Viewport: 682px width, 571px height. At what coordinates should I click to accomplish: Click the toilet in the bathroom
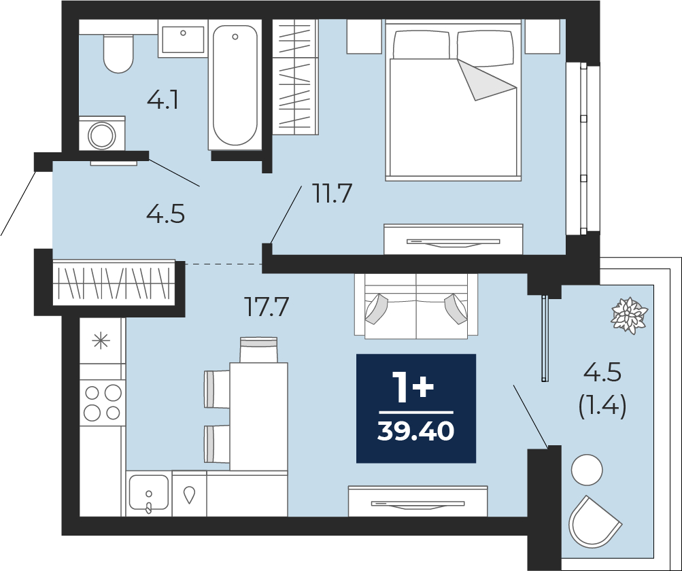(118, 54)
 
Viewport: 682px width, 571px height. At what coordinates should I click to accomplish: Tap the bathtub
(235, 85)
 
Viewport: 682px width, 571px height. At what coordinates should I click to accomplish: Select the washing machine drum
(102, 135)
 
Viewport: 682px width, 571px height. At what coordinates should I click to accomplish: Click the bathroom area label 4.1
(163, 101)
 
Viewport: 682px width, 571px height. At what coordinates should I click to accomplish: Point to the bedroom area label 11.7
(332, 194)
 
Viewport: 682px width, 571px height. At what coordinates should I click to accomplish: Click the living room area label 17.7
(266, 307)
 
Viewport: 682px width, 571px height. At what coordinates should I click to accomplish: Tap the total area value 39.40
(416, 432)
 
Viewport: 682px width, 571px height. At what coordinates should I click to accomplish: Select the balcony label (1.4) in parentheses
(602, 407)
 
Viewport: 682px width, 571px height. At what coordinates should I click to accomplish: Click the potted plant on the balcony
(630, 315)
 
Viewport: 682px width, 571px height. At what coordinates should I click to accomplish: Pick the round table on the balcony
(587, 470)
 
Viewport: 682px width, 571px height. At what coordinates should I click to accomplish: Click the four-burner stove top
(103, 402)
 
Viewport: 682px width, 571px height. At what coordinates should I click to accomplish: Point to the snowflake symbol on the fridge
(101, 341)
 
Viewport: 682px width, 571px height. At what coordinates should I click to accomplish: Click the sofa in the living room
(416, 306)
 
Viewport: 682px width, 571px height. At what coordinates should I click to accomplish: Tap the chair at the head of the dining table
(258, 349)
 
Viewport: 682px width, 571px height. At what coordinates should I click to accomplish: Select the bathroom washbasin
(183, 39)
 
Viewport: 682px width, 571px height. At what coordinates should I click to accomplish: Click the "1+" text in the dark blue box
(413, 387)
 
